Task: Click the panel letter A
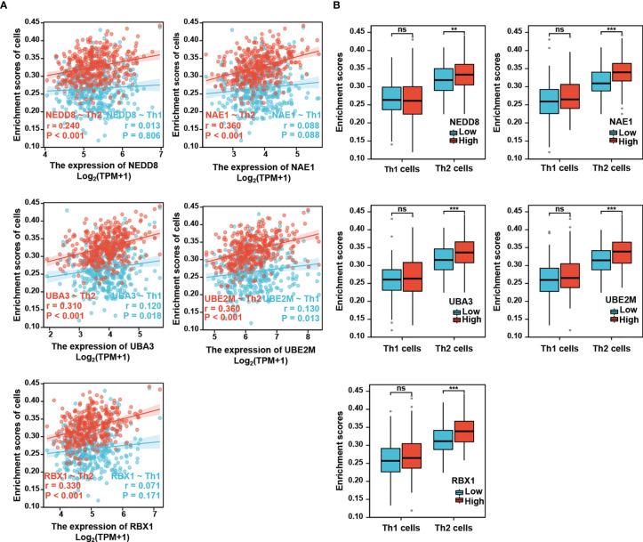[x=6, y=6]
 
